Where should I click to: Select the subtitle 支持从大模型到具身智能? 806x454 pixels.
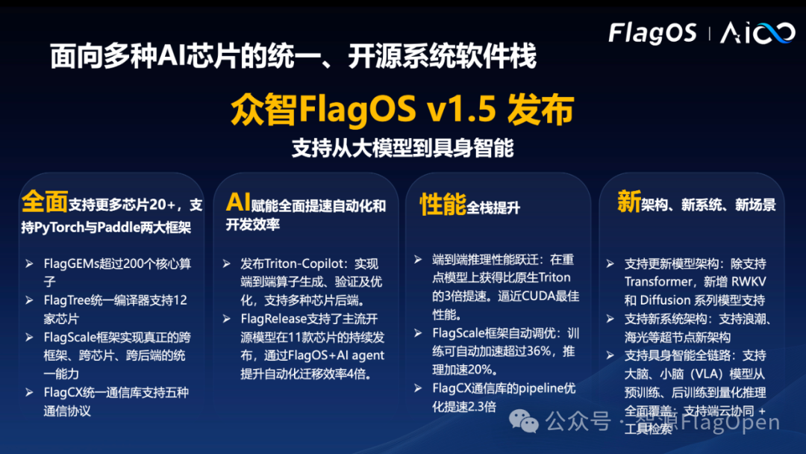point(402,148)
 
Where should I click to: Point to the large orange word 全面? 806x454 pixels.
point(45,202)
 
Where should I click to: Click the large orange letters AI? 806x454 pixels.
point(238,202)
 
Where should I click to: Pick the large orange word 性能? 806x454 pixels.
point(443,205)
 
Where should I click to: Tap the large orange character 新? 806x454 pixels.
point(628,202)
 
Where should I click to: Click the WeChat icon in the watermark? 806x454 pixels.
point(528,422)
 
